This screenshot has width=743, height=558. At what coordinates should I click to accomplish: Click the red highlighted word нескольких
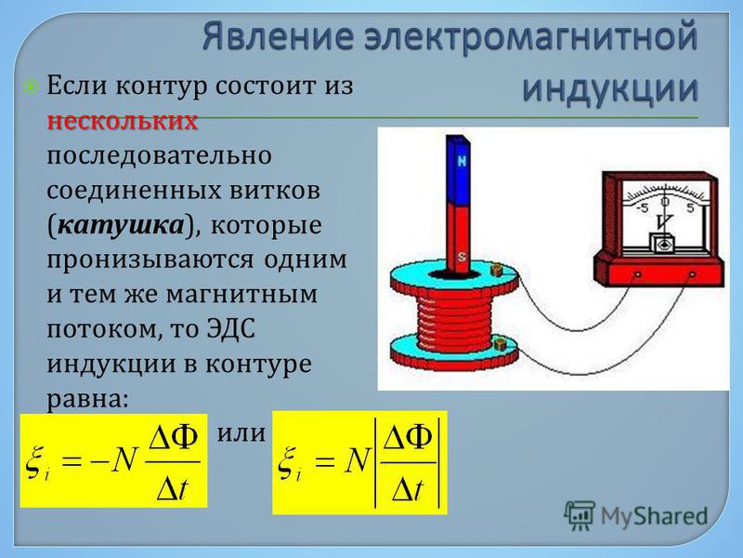[123, 122]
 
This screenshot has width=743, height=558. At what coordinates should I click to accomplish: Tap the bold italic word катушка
[121, 225]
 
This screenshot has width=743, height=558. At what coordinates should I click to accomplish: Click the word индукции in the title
[610, 88]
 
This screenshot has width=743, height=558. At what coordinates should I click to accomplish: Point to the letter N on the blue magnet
[461, 161]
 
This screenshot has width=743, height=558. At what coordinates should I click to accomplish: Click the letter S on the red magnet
[461, 258]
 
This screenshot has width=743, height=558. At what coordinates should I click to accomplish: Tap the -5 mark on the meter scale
[642, 208]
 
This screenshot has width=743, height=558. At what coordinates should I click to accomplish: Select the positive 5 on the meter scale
[690, 207]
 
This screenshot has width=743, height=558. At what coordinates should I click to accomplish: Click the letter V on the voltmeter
[665, 221]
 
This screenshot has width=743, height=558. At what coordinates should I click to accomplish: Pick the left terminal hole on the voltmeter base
[638, 274]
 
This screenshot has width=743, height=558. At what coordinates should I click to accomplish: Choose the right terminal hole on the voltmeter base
[692, 274]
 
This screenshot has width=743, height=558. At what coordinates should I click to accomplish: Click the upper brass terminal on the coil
[496, 271]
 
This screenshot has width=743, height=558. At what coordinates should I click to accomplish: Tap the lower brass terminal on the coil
[498, 344]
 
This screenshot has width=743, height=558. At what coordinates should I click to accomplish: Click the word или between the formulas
[241, 433]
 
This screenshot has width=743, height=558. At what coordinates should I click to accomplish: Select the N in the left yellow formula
[124, 460]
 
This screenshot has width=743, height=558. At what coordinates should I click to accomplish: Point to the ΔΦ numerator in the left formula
[174, 438]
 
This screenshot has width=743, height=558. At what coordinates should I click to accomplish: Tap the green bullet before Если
[32, 87]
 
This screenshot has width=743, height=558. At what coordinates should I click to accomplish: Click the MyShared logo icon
[579, 516]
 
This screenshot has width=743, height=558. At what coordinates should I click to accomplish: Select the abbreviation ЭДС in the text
[231, 329]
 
